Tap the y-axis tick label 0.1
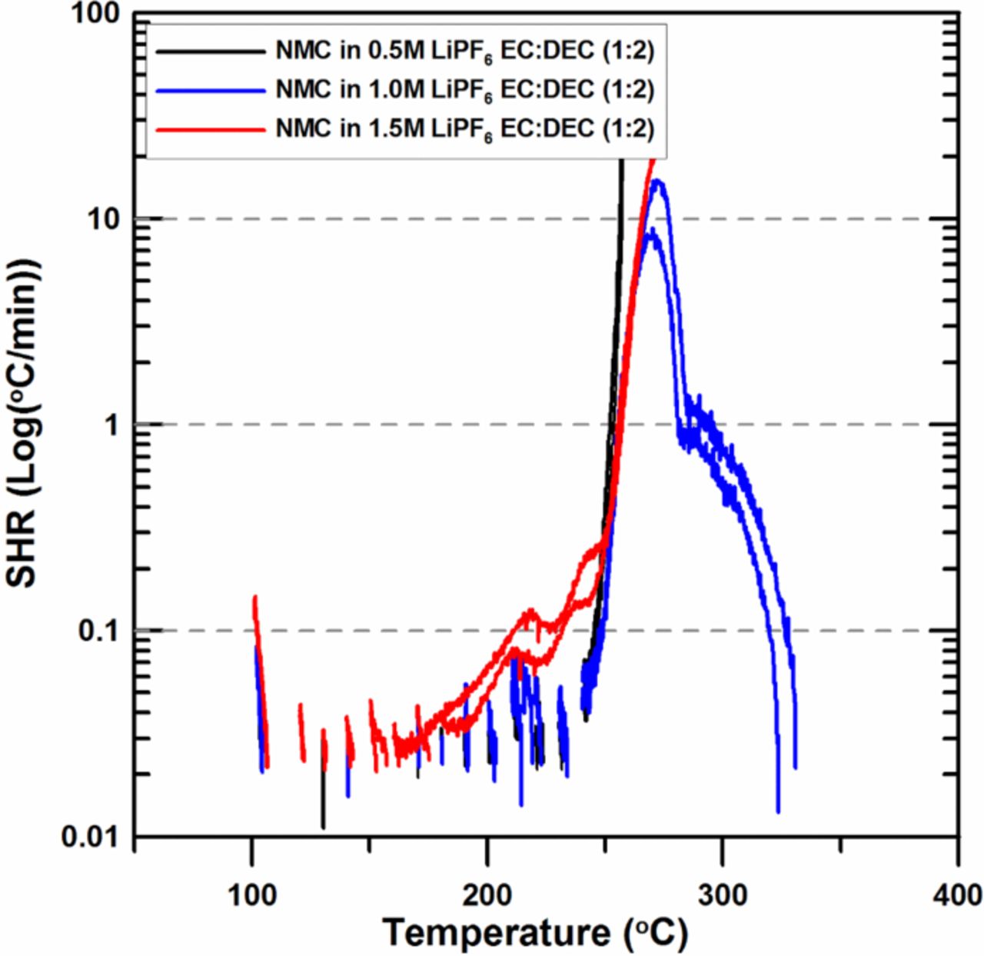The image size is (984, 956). point(100,631)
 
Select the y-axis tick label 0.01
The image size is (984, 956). point(91,836)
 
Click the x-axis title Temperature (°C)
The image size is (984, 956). point(535,933)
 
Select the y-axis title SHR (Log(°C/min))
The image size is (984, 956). point(23,423)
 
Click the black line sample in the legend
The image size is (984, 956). point(209,52)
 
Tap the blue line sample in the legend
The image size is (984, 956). point(209,90)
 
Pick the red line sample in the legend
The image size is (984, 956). point(209,128)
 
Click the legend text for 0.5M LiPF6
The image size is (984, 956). point(464,52)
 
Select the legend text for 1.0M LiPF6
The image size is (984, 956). point(464,90)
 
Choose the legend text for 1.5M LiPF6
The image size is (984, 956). point(464,128)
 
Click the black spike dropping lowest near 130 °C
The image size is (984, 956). point(323,826)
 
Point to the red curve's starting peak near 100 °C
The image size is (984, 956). point(254,598)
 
